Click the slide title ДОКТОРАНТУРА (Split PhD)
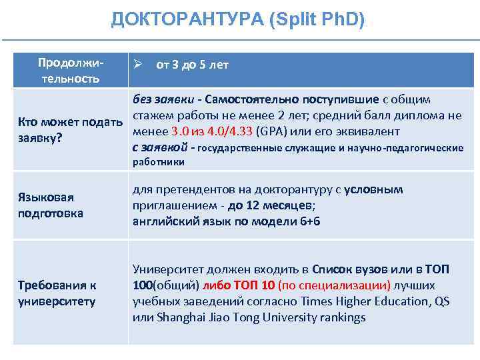pyautogui.click(x=238, y=20)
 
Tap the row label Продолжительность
pyautogui.click(x=69, y=71)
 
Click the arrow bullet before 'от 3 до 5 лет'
pyautogui.click(x=139, y=65)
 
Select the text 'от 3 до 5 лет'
pyautogui.click(x=192, y=65)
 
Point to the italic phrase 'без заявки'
pyautogui.click(x=162, y=100)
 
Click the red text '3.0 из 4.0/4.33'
pyautogui.click(x=212, y=131)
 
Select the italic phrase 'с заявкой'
pyautogui.click(x=160, y=147)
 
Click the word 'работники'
pyautogui.click(x=159, y=161)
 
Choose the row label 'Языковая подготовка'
pyautogui.click(x=51, y=205)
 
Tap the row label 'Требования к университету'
pyautogui.click(x=57, y=293)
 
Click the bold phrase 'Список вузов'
pyautogui.click(x=345, y=269)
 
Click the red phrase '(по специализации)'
pyautogui.click(x=334, y=285)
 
